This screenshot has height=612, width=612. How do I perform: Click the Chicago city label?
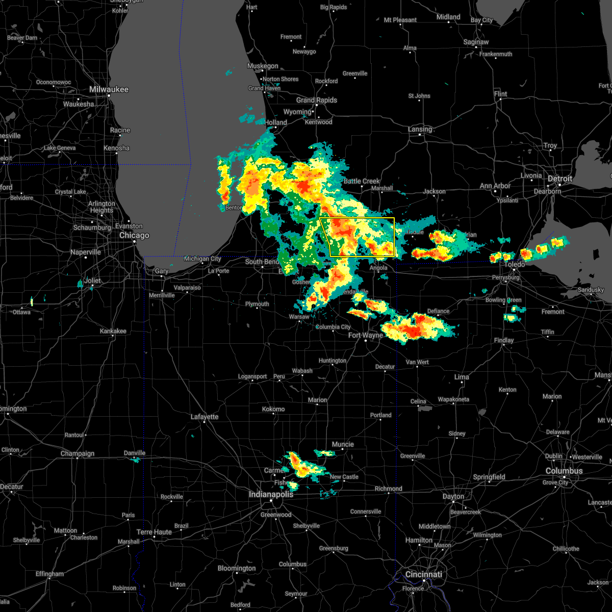pos(134,236)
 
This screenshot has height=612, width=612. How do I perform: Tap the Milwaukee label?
pos(109,89)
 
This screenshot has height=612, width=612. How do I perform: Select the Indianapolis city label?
pos(271,494)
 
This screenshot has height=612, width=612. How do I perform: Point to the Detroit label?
pos(560,179)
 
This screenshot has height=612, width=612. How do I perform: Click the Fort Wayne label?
pos(365,335)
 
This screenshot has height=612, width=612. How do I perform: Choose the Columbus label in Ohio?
pos(564,471)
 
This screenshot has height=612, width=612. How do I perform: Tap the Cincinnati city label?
pos(423,574)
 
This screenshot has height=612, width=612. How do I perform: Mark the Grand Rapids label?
pos(317,100)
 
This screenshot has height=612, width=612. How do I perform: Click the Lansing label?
pos(420,129)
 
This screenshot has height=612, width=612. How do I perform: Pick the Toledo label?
pos(515,264)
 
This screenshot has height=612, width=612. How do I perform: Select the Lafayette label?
pos(205,417)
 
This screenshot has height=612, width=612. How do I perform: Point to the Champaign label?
pos(78,453)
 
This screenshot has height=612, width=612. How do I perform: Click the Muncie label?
pos(343,444)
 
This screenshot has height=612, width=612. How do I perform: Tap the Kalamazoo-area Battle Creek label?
pos(362,181)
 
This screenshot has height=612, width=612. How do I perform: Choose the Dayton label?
pos(453,496)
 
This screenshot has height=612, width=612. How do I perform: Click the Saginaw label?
pos(476,42)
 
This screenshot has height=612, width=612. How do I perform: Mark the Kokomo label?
pos(273,409)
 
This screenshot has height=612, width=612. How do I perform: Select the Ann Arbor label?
pos(495,186)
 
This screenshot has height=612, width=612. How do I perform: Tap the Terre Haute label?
pos(155,532)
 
